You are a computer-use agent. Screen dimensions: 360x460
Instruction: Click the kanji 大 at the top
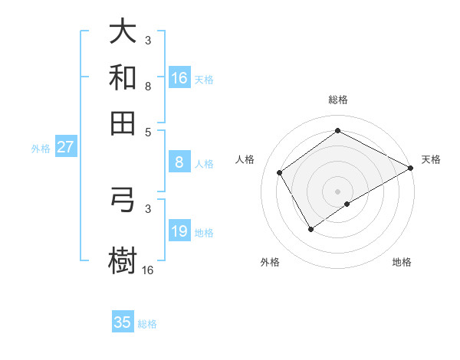point(123,31)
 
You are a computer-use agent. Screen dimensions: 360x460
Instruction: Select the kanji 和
point(123,77)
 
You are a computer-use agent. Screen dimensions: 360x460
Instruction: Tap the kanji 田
point(123,123)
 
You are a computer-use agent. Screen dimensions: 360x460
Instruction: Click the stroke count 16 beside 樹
point(147,270)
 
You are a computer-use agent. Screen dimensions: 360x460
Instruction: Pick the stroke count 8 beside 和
point(147,86)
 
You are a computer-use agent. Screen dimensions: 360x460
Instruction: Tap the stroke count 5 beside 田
point(147,131)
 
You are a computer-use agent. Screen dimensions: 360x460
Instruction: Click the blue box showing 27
point(65,148)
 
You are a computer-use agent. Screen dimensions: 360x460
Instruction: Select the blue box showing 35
point(123,322)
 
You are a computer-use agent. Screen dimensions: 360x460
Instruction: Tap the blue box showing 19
point(179,231)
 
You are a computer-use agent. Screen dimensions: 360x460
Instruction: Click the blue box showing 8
point(179,162)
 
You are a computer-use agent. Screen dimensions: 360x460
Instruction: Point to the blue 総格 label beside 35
point(147,324)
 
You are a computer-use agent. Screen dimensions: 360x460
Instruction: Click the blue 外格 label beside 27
point(41,149)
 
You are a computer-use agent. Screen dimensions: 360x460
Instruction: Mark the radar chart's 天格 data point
point(411,169)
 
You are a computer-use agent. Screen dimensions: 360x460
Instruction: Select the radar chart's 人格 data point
point(280,172)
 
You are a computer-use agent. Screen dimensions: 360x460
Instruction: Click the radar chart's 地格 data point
point(347,204)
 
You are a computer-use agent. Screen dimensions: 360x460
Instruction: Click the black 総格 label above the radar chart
point(337,100)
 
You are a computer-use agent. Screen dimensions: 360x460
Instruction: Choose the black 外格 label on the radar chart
point(270,262)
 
